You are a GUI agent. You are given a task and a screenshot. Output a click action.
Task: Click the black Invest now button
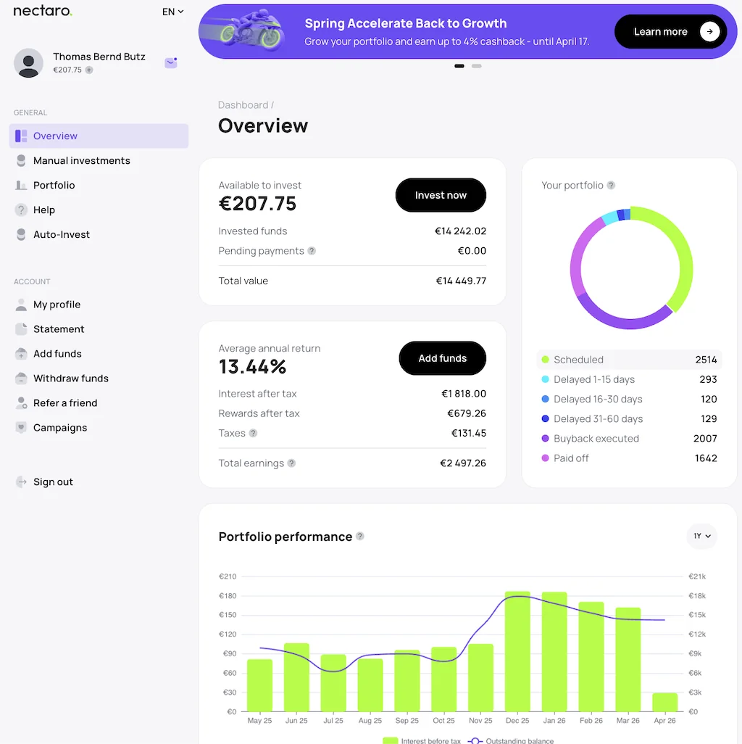[441, 195]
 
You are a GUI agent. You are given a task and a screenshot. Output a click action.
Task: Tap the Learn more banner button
[670, 32]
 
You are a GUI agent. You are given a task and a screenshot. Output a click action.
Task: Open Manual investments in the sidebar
[81, 160]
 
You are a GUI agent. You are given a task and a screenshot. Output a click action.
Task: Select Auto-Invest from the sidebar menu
[62, 234]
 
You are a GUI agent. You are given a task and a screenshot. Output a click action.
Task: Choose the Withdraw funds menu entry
[70, 378]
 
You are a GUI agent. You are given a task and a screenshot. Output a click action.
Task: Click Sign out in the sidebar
[53, 481]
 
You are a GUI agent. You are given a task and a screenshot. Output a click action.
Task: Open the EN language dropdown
[172, 12]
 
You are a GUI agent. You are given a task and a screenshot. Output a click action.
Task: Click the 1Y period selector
[701, 536]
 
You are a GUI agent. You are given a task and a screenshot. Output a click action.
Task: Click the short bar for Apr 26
[664, 702]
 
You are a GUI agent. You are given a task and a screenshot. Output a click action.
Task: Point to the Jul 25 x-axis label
[333, 721]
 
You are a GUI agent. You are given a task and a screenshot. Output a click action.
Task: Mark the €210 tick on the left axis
[228, 576]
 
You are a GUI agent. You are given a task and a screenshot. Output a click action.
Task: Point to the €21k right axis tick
[697, 576]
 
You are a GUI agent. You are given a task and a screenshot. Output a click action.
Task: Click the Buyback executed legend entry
[596, 438]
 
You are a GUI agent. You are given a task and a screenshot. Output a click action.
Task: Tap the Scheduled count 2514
[705, 360]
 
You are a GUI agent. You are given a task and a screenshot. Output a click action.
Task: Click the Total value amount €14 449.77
[461, 281]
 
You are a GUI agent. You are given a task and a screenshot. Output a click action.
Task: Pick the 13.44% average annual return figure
[252, 367]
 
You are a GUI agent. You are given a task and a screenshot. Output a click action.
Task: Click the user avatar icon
[29, 63]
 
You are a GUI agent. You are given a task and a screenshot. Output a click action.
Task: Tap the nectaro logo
[42, 12]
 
